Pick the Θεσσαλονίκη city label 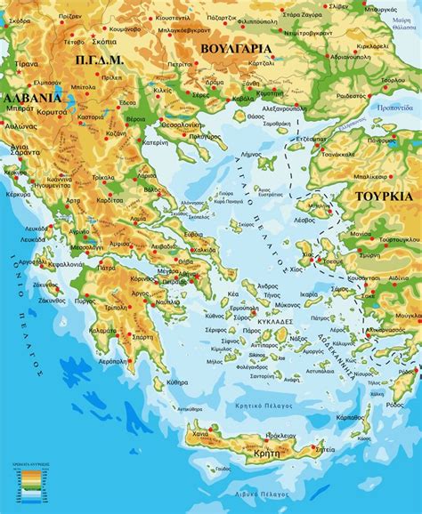pyautogui.click(x=174, y=124)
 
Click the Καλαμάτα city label pyautogui.click(x=103, y=331)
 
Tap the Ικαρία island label pyautogui.click(x=309, y=293)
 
